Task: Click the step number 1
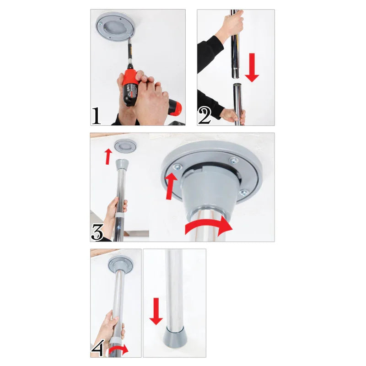click(96, 115)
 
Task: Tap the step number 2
click(204, 116)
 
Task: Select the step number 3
click(97, 232)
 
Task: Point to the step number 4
click(97, 349)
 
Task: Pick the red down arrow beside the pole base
click(156, 311)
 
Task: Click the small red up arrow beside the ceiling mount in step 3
click(108, 156)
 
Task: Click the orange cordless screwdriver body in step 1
click(131, 87)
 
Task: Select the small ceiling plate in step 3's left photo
click(125, 146)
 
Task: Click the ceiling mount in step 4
click(120, 264)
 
